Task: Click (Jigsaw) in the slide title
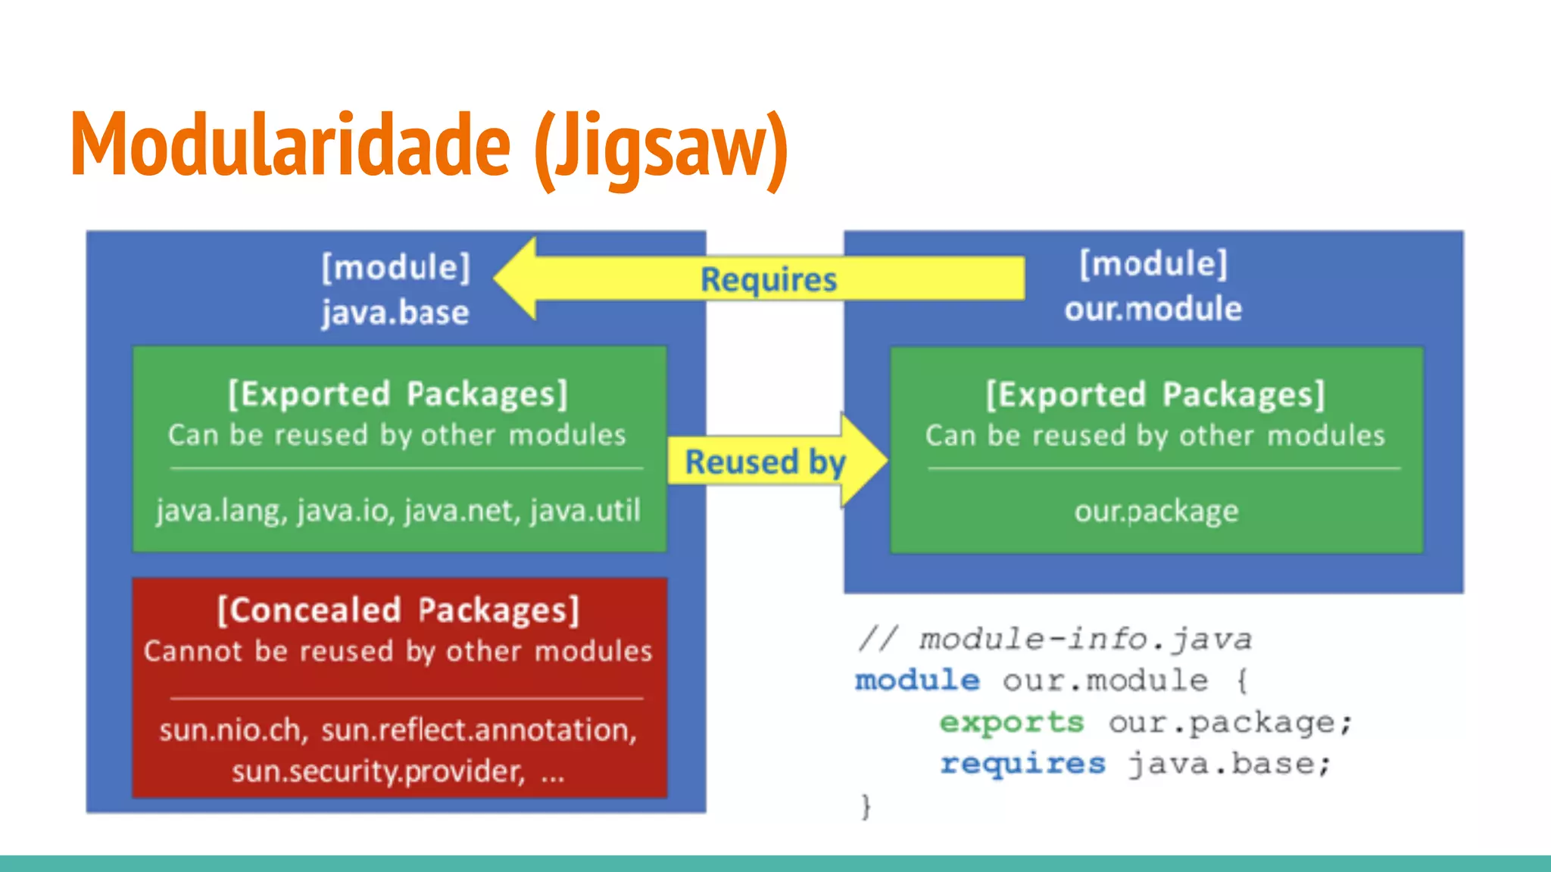[660, 148]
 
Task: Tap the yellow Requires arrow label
[768, 279]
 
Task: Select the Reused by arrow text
[765, 462]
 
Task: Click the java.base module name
[395, 312]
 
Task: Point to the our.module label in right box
[1153, 309]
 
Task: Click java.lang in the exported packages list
[217, 511]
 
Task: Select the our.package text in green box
[1156, 512]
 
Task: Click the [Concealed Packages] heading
[398, 610]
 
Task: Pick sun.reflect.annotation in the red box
[479, 730]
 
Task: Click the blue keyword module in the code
[916, 680]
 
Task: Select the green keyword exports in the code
[1011, 722]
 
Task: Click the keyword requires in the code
[1022, 763]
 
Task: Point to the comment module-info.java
[1084, 640]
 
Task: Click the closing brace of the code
[866, 806]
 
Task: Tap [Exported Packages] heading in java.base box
[398, 394]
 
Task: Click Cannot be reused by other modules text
[398, 652]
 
